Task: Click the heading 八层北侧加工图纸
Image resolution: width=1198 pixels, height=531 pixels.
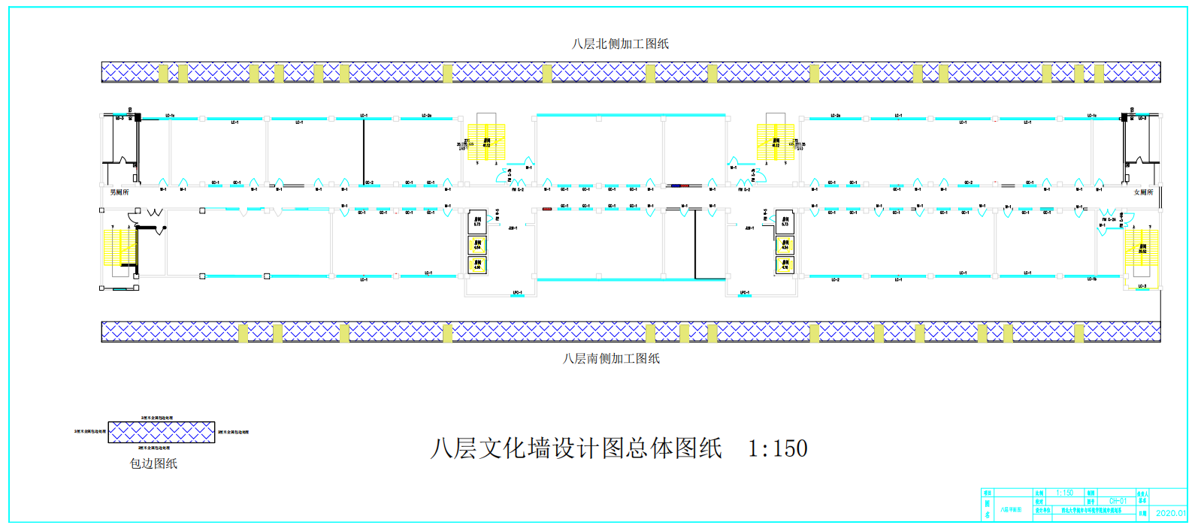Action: [620, 44]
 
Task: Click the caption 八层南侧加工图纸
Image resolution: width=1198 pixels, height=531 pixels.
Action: [611, 358]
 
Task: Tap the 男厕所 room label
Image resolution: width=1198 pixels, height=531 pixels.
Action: [119, 192]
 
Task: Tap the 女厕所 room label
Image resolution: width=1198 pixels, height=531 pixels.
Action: [1142, 192]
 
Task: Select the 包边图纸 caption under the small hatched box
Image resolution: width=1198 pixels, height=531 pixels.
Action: [153, 463]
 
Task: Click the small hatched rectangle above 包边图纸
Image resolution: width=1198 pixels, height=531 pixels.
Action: [162, 432]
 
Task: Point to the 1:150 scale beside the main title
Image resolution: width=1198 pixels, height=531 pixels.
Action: [777, 448]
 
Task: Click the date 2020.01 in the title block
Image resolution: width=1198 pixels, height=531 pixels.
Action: [1170, 513]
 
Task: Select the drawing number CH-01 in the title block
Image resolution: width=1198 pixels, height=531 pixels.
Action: [1118, 501]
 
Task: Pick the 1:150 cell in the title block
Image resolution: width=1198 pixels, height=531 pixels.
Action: [1064, 493]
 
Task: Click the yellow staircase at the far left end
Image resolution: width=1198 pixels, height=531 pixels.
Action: [119, 247]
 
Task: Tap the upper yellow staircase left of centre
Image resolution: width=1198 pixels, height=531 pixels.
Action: [486, 142]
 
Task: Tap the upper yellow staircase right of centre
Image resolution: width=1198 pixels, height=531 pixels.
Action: [776, 142]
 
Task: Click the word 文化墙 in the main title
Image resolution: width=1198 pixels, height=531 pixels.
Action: [515, 448]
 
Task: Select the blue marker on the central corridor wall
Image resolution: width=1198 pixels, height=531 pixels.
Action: [680, 185]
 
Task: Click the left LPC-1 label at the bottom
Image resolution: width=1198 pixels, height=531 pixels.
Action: [517, 292]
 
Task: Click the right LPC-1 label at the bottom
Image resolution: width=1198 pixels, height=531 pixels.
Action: [744, 292]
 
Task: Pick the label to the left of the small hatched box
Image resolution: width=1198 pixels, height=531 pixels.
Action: [89, 432]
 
